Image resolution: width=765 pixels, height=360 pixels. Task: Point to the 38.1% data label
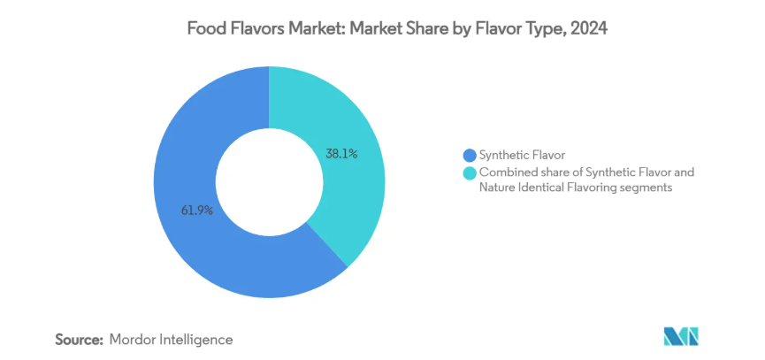pos(341,153)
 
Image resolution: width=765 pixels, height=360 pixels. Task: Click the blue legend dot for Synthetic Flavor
pos(470,156)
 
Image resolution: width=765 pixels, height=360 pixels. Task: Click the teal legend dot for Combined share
pos(470,172)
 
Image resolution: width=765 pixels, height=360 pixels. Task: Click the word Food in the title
pos(204,28)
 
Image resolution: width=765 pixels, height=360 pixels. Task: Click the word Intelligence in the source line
pos(199,339)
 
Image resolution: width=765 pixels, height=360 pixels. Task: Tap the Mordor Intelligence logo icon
pos(681,336)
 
